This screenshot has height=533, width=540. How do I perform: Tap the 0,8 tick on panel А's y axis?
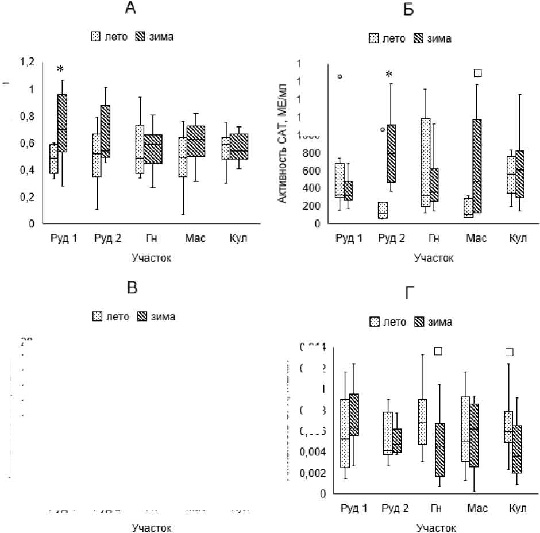point(27,117)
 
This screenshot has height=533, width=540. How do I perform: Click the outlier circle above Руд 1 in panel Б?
point(340,76)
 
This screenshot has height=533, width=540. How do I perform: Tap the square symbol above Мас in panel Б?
point(477,73)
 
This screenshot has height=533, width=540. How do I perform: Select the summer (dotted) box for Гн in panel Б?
point(426,163)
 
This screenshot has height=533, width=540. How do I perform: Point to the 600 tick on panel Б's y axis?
point(315,171)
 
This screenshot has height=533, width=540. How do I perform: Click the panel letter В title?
point(133,288)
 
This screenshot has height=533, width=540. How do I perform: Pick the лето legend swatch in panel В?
point(98,316)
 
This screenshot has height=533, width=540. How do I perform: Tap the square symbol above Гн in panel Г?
point(439,351)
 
